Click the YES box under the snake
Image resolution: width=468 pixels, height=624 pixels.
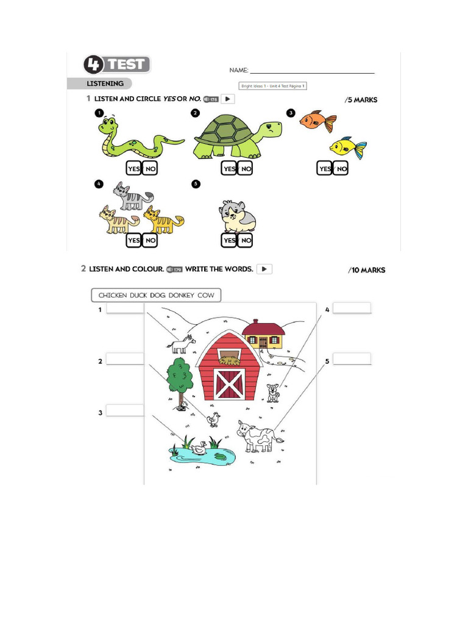point(133,169)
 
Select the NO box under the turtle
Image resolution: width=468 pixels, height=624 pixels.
point(246,169)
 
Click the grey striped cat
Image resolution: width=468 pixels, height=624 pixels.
point(132,196)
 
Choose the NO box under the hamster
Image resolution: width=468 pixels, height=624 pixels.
point(246,241)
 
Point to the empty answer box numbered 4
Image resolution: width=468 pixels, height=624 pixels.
point(352,308)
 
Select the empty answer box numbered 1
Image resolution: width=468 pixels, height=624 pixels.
point(126,309)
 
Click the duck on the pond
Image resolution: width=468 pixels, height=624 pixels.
point(199,449)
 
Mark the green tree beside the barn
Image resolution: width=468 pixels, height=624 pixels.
point(179,376)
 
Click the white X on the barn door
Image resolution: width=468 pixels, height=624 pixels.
point(230,383)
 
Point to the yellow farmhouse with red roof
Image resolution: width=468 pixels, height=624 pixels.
point(263,335)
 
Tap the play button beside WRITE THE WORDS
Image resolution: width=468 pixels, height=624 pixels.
point(264,269)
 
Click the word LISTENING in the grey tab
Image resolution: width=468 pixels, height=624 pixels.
point(105,83)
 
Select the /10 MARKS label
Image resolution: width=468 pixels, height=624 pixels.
point(367,270)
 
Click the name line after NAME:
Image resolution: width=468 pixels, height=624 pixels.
point(312,73)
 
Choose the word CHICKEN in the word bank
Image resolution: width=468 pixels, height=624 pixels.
point(113,296)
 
